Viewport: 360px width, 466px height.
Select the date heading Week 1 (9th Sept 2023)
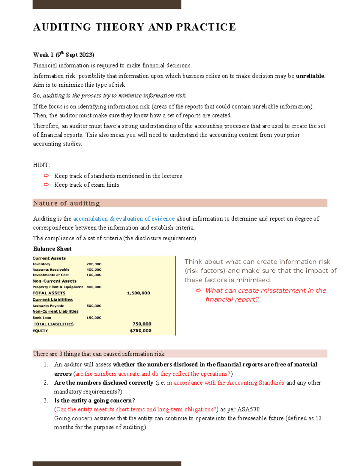[x=63, y=55]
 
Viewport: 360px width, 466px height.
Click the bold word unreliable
[x=310, y=76]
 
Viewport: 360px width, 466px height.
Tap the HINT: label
[x=41, y=165]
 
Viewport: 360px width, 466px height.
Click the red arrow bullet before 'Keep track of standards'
[x=46, y=176]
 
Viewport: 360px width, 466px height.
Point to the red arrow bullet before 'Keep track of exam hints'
[x=46, y=185]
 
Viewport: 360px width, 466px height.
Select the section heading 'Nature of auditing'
[x=66, y=203]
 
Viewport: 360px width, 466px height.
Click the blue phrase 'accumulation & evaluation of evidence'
[x=124, y=219]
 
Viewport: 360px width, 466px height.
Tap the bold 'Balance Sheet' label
[x=52, y=249]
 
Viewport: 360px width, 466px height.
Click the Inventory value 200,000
[x=94, y=264]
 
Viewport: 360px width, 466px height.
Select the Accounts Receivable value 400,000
[x=94, y=269]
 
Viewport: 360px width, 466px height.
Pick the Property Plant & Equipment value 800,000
[x=94, y=287]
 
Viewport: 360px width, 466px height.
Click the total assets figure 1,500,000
[x=138, y=293]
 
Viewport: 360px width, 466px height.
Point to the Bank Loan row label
[x=42, y=318]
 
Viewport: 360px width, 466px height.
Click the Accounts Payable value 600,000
[x=94, y=306]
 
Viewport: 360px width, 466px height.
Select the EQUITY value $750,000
[x=140, y=331]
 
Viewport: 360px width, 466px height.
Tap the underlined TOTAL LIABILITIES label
[x=53, y=324]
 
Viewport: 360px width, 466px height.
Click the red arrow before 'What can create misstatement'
[x=198, y=290]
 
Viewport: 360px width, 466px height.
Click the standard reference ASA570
[x=248, y=409]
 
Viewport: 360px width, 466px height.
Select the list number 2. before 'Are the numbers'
[x=46, y=383]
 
